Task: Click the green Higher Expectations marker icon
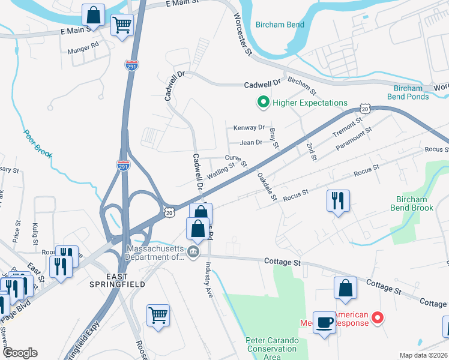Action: [262, 103]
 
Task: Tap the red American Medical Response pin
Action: [377, 317]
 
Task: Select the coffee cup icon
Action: [325, 323]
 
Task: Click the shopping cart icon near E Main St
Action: [122, 25]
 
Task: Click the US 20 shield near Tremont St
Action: [365, 107]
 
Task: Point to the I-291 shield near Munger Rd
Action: [132, 65]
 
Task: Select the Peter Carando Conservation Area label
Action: [272, 348]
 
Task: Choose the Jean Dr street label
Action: [251, 142]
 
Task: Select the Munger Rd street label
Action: [83, 45]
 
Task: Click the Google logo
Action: [20, 353]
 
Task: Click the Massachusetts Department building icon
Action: [194, 251]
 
